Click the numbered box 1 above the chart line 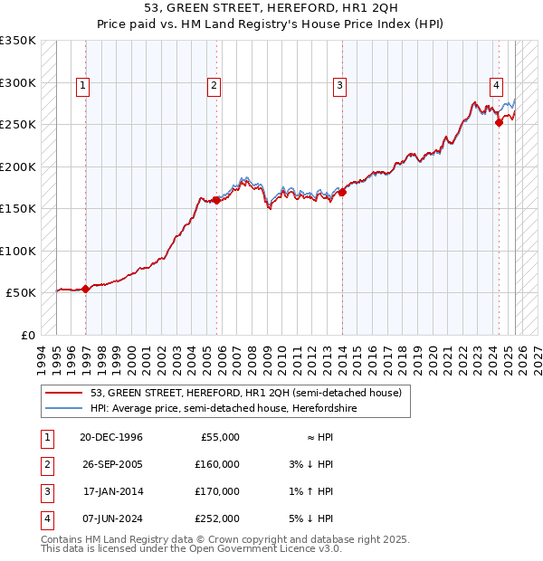pos(82,86)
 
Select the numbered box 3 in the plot pos(339,86)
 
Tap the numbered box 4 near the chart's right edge pos(497,86)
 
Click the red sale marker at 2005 pos(216,201)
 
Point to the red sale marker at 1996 pos(85,290)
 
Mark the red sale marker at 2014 pos(342,192)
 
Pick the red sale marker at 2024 pos(499,123)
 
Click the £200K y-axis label pos(18,166)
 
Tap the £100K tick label pos(18,251)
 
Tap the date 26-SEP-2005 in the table pos(111,464)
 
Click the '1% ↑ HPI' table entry pos(312,491)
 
